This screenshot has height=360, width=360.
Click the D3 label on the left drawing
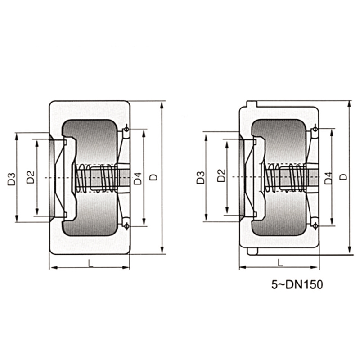pyautogui.click(x=12, y=179)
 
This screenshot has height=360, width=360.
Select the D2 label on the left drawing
pyautogui.click(x=30, y=177)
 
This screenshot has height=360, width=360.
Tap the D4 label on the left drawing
pyautogui.click(x=138, y=178)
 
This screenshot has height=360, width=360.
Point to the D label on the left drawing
pyautogui.click(x=153, y=177)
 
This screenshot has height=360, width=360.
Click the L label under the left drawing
pyautogui.click(x=91, y=263)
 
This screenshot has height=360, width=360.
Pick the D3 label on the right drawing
pyautogui.click(x=200, y=177)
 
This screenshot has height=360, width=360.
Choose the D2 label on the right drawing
pyautogui.click(x=221, y=175)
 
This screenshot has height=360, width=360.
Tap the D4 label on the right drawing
pyautogui.click(x=329, y=178)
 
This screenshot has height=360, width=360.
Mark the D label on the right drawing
pyautogui.click(x=343, y=177)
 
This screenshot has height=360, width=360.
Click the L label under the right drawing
pyautogui.click(x=280, y=263)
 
